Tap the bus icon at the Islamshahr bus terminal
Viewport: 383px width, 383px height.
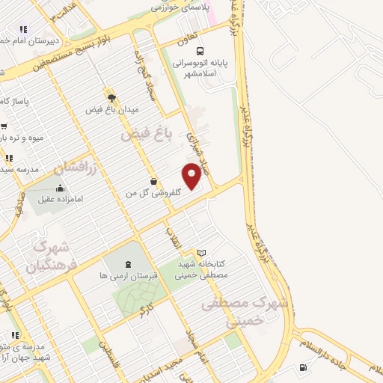(x=199, y=52)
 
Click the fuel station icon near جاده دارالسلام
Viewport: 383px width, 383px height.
(x=302, y=367)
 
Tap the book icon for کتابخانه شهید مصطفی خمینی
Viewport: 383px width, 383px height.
(x=200, y=253)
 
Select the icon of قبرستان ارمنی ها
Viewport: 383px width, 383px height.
(x=127, y=264)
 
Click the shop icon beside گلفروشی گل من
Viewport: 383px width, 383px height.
(x=154, y=181)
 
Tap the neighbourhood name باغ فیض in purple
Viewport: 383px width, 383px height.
(x=147, y=134)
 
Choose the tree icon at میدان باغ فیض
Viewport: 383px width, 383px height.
(x=111, y=97)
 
